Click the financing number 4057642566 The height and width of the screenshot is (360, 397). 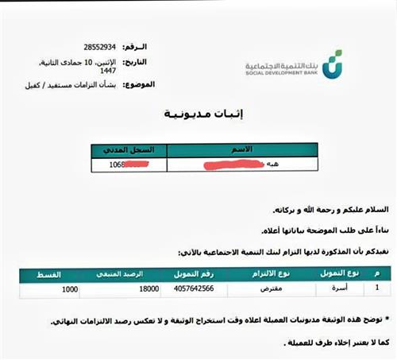coord(187,291)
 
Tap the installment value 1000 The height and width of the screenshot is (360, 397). coord(69,291)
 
